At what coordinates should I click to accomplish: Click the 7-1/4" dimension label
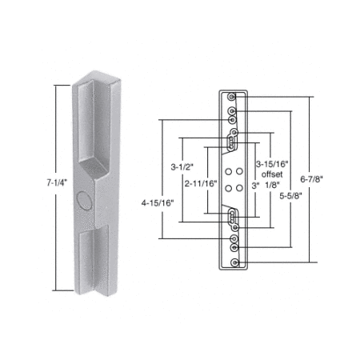[57, 183]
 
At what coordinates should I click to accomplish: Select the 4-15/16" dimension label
[158, 203]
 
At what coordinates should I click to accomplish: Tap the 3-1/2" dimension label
[182, 167]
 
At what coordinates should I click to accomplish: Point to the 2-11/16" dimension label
[201, 183]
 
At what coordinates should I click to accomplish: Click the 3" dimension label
[255, 186]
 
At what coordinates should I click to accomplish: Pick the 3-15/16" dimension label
[272, 164]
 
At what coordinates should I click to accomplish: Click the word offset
[272, 174]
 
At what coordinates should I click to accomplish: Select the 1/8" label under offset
[272, 185]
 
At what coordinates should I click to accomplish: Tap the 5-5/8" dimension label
[290, 196]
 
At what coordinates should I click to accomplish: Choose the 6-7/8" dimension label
[311, 179]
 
